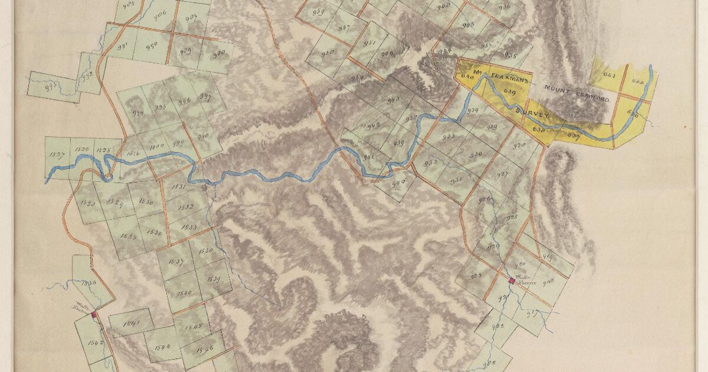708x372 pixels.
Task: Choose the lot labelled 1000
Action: (x=156, y=146)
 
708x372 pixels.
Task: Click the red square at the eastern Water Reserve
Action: (x=511, y=280)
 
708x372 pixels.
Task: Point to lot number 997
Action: (x=205, y=97)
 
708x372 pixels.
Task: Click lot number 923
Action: (x=476, y=276)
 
